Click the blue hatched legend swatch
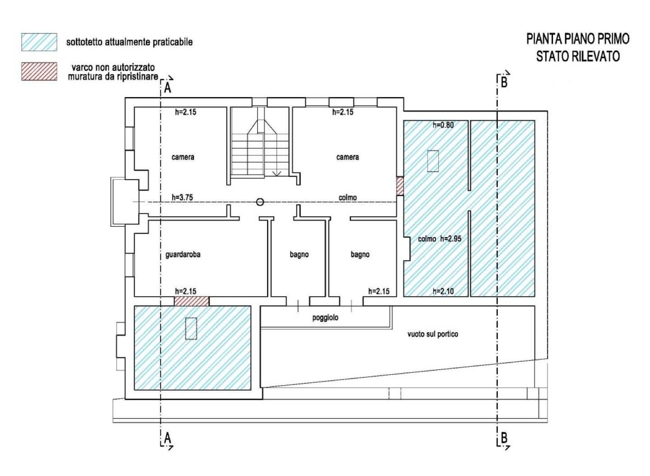pos(39,42)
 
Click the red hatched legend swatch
pos(39,71)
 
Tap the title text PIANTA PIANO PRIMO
pos(578,39)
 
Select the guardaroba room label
pos(183,255)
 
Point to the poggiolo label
pos(325,318)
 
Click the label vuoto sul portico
pos(432,334)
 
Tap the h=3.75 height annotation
pos(182,197)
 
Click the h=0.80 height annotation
pos(443,125)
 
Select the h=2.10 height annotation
pos(443,291)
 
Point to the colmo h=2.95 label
pos(440,238)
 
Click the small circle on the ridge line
pos(260,202)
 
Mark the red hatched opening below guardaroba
pos(191,301)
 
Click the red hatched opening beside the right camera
pos(400,187)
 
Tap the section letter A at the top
pos(167,88)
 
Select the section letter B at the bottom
pos(504,438)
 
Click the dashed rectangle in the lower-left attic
pos(191,329)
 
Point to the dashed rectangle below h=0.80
pos(433,161)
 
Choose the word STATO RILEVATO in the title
pos(578,56)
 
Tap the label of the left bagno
pos(299,255)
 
